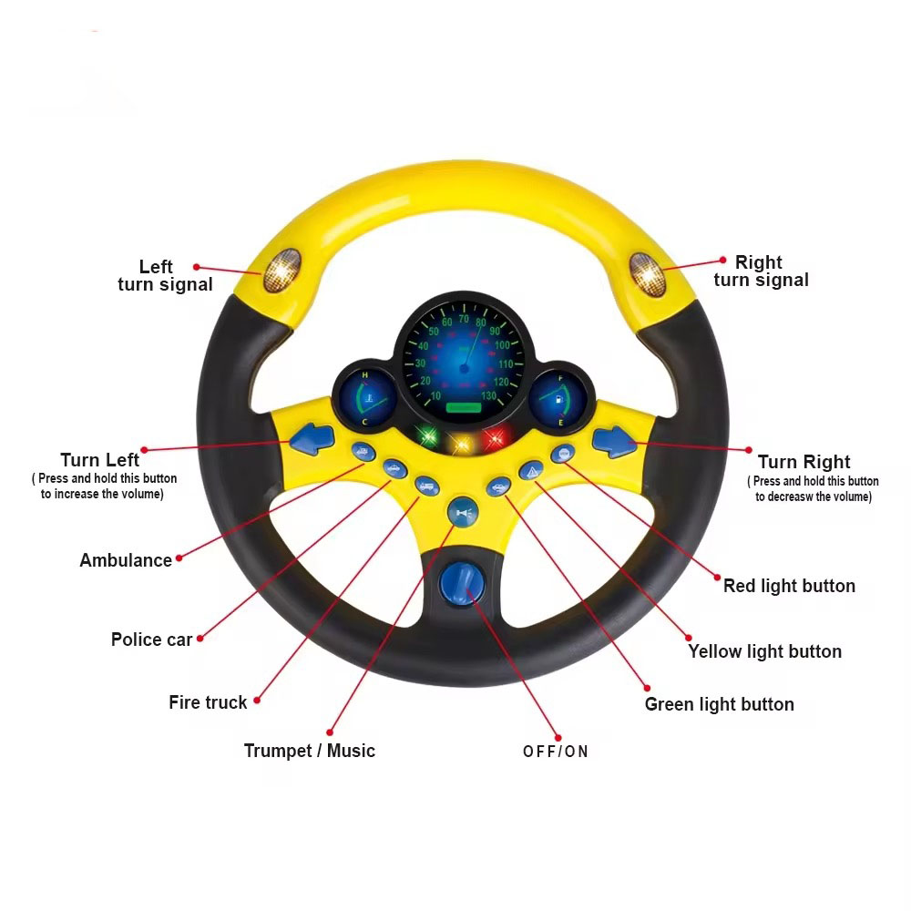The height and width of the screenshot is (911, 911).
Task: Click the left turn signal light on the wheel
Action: pyautogui.click(x=281, y=271)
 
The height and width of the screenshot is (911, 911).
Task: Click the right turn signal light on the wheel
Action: pyautogui.click(x=648, y=271)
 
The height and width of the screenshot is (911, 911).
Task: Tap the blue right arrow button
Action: pyautogui.click(x=613, y=441)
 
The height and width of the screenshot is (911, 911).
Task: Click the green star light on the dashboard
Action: pyautogui.click(x=426, y=436)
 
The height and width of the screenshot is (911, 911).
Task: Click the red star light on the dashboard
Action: pyautogui.click(x=495, y=439)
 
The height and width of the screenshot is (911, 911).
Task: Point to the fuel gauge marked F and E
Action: pyautogui.click(x=559, y=398)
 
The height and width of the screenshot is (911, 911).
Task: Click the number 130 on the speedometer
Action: pyautogui.click(x=489, y=395)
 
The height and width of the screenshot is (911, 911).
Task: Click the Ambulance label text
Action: pyautogui.click(x=126, y=560)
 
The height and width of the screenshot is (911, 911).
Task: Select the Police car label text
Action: pyautogui.click(x=152, y=640)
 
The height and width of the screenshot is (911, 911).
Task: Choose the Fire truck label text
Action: pyautogui.click(x=208, y=702)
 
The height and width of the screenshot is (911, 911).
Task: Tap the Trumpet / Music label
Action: pyautogui.click(x=310, y=751)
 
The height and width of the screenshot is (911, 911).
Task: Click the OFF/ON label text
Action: pyautogui.click(x=556, y=752)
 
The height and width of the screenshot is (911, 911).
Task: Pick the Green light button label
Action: pyautogui.click(x=719, y=704)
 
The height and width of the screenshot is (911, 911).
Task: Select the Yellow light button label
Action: pyautogui.click(x=764, y=651)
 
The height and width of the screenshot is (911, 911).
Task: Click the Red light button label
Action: pyautogui.click(x=789, y=586)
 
